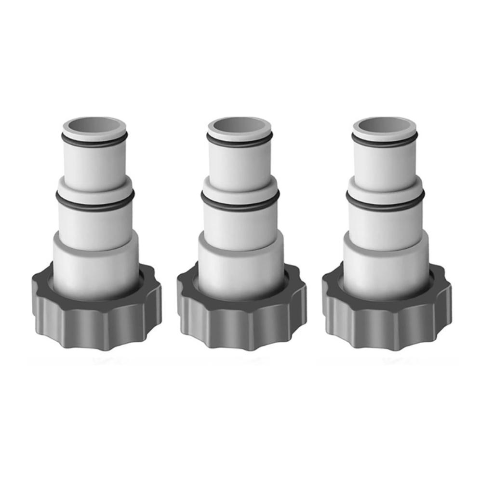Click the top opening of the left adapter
coord(95,126)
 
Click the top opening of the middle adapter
coord(240,126)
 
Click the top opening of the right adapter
coord(384,126)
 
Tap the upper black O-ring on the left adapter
coord(95,143)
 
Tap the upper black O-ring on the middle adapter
coord(240,143)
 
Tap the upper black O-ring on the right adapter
coord(384,143)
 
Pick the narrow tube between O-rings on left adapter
coord(95,164)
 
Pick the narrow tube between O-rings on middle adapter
coord(240,164)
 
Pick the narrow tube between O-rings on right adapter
coord(384,164)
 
